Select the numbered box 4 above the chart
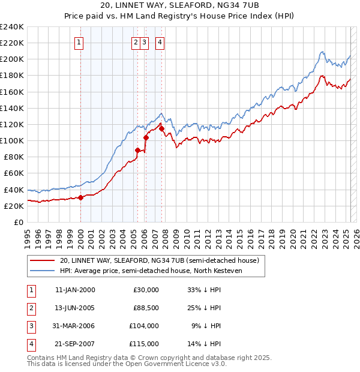tap(160, 42)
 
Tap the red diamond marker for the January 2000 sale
tap(80, 198)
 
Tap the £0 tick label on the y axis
tap(18, 222)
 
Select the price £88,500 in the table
tap(146, 308)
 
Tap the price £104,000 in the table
tap(145, 326)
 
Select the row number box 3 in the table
tap(30, 326)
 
